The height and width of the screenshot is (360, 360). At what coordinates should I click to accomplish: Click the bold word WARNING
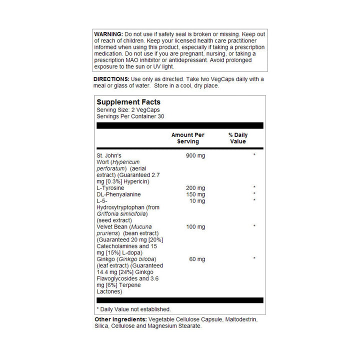click(x=108, y=33)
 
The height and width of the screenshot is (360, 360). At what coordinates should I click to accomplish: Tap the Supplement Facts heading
click(x=128, y=102)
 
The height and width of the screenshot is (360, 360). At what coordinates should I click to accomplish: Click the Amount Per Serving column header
click(x=187, y=138)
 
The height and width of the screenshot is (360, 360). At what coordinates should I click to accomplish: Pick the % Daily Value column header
click(x=238, y=138)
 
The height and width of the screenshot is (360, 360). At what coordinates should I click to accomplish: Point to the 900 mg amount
click(x=195, y=155)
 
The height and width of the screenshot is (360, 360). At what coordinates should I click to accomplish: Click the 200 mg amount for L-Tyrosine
click(x=195, y=188)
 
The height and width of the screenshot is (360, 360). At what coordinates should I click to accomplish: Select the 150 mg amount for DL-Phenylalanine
click(x=195, y=194)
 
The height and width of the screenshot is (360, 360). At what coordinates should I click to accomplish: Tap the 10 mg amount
click(x=197, y=201)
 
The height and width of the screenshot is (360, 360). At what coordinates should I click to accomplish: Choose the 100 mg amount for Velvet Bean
click(x=195, y=227)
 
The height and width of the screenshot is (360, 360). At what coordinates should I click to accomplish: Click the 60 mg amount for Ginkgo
click(x=197, y=259)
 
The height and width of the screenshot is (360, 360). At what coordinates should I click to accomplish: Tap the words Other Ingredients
click(x=120, y=319)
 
